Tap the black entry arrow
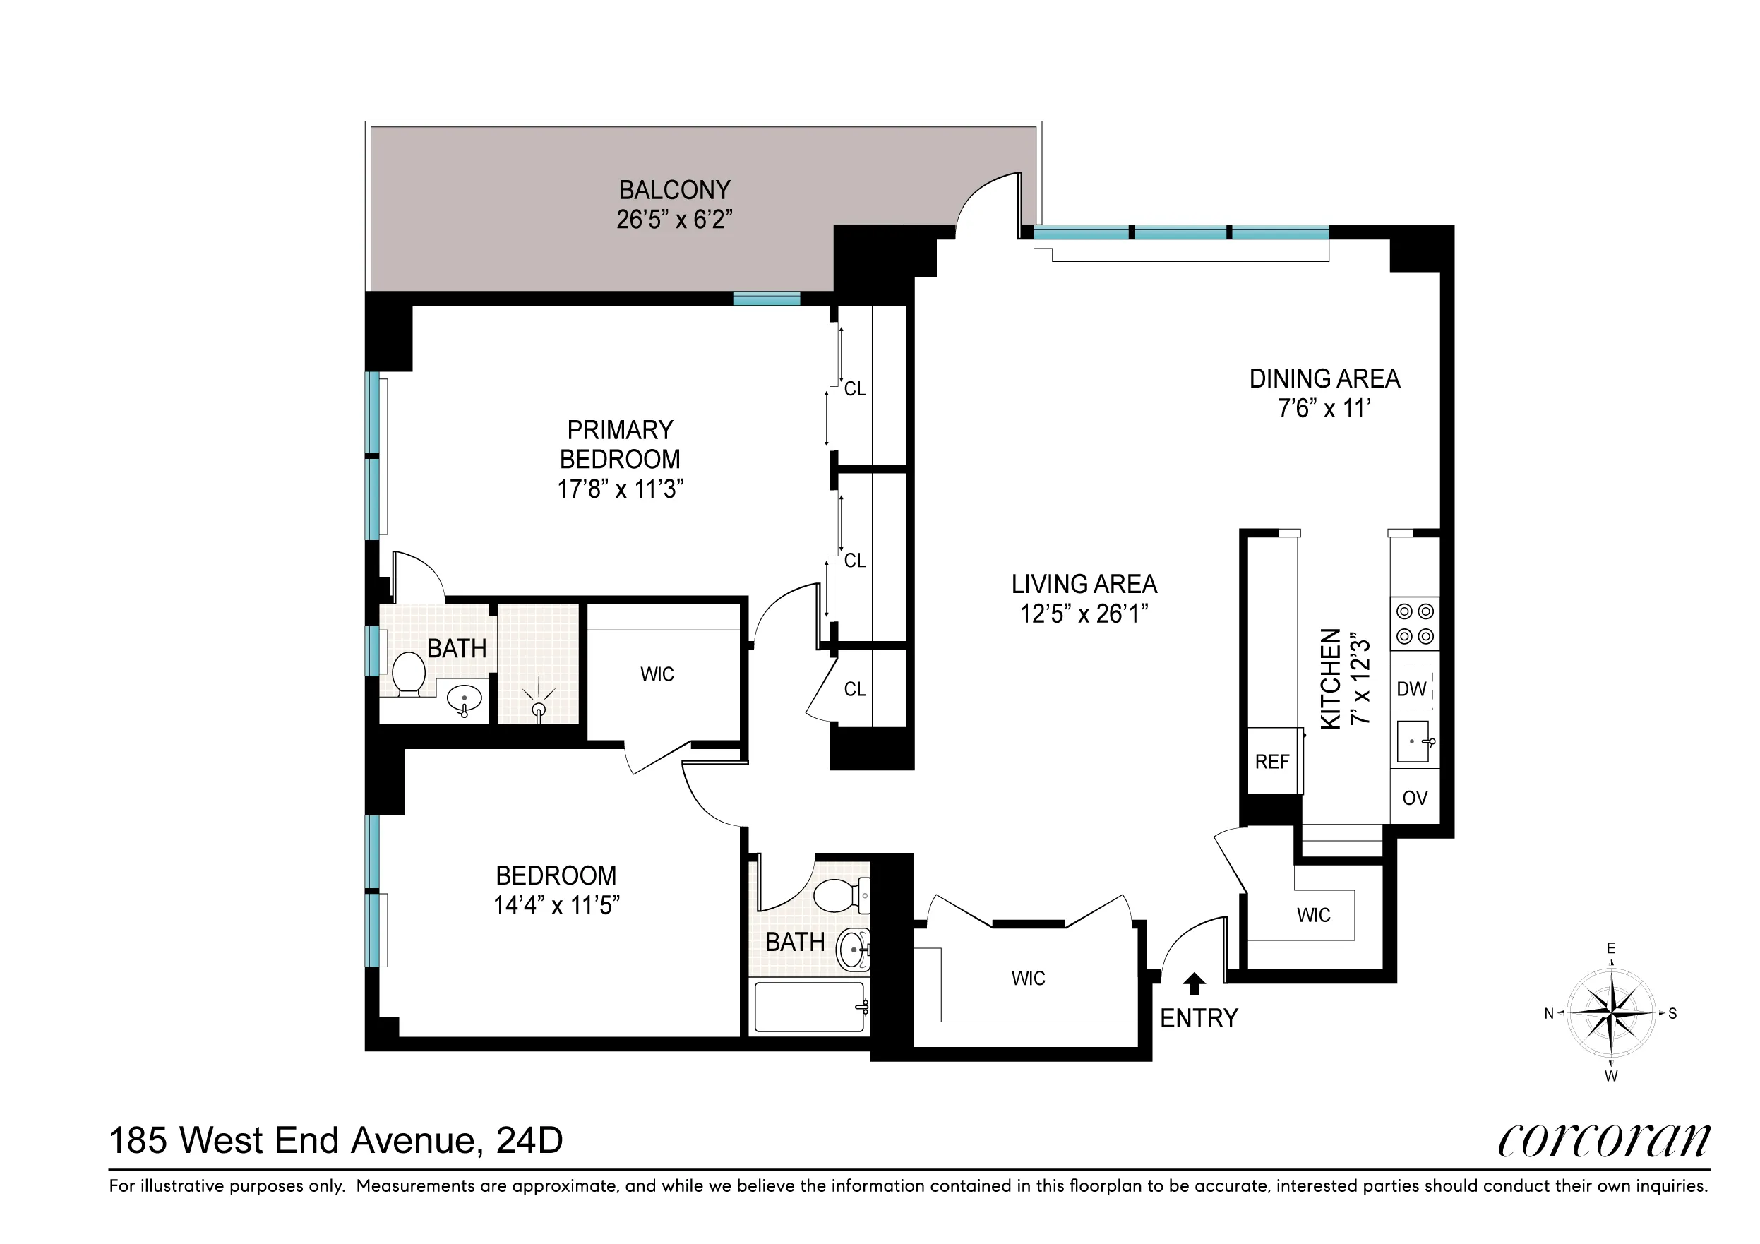tap(1195, 983)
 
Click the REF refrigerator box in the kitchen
tap(1272, 761)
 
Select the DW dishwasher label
tap(1411, 688)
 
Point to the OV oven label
tap(1414, 798)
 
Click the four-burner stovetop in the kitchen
tap(1415, 624)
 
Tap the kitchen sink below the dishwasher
tap(1413, 741)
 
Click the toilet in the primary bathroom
tap(409, 672)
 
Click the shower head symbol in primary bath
tap(539, 707)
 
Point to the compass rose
tap(1610, 1012)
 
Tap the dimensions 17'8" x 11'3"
tap(619, 489)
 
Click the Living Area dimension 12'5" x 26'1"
tap(1083, 614)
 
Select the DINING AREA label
tap(1324, 378)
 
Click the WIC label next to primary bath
tap(657, 674)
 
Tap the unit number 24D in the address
tap(529, 1140)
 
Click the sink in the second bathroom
tap(852, 949)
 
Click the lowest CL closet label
tap(855, 689)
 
